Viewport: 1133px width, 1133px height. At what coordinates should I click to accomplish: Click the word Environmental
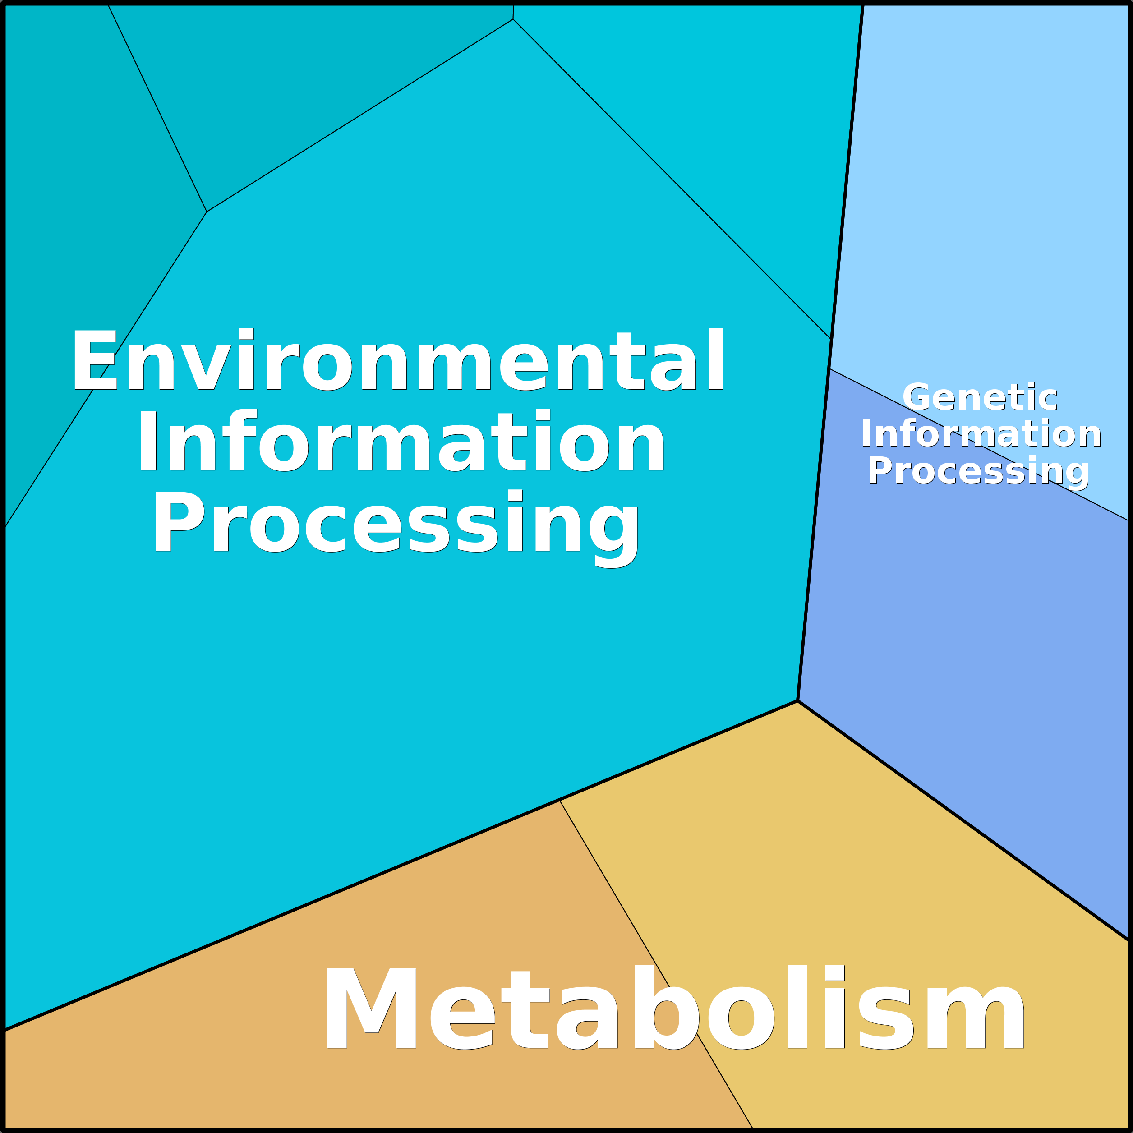(x=398, y=359)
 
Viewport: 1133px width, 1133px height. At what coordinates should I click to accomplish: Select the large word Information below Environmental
(x=401, y=440)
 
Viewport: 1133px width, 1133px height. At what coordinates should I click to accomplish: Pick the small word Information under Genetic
(x=981, y=434)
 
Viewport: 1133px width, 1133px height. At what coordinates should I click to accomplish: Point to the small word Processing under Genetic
(x=978, y=471)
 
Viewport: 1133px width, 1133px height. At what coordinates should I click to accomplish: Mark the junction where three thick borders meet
(x=797, y=700)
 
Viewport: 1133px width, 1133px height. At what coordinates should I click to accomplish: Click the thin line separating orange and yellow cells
(x=656, y=964)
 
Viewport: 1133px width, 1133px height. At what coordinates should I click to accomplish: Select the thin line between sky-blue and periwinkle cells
(x=979, y=445)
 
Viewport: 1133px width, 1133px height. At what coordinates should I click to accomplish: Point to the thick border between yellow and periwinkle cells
(x=963, y=820)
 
